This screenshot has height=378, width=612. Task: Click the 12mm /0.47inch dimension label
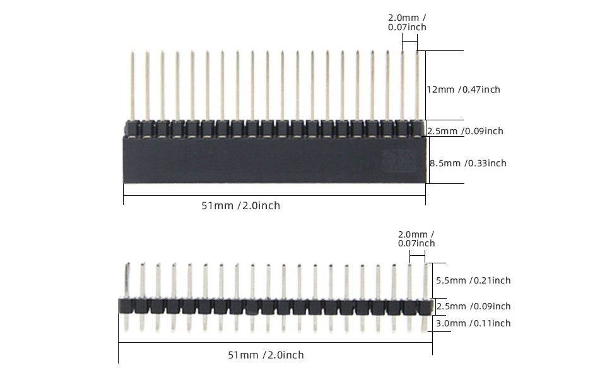464,89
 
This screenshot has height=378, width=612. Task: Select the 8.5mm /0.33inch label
468,163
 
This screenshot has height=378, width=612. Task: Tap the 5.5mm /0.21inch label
473,280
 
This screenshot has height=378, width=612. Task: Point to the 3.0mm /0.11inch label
473,323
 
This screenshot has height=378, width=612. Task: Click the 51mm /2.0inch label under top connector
240,205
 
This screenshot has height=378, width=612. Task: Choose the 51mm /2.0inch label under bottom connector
266,355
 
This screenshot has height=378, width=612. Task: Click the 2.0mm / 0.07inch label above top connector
407,23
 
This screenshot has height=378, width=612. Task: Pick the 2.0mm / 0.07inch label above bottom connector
416,239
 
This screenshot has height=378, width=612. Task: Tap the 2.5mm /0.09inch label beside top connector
465,131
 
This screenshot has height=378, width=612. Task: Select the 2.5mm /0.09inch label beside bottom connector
473,306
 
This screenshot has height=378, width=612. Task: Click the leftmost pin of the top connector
132,85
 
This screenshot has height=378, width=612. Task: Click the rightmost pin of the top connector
418,85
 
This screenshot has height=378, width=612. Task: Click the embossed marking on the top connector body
397,161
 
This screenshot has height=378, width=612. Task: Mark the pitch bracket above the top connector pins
409,42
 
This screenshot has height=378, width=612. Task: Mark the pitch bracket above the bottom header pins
417,254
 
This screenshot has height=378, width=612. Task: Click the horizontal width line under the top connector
274,195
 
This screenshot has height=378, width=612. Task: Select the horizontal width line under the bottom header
275,343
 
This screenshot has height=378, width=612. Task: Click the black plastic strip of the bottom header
275,306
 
